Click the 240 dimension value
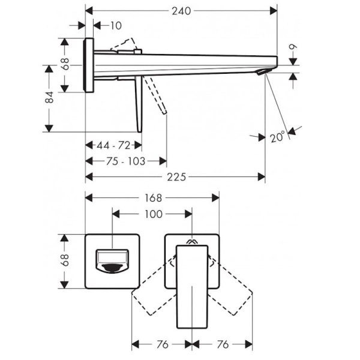(181, 11)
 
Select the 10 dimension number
(116, 26)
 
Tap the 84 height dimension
(49, 97)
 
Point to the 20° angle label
(277, 137)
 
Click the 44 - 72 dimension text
(113, 145)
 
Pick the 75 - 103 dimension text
(125, 161)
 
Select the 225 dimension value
(176, 177)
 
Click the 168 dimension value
(154, 198)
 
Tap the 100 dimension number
(154, 214)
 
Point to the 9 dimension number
(293, 47)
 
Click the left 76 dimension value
(163, 344)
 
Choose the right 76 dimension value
(223, 344)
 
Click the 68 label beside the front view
(65, 260)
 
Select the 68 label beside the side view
(65, 64)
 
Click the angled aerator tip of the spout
(264, 71)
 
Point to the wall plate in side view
(89, 65)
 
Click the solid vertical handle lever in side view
(139, 104)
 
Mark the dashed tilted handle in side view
(155, 95)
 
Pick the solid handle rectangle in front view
(192, 287)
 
